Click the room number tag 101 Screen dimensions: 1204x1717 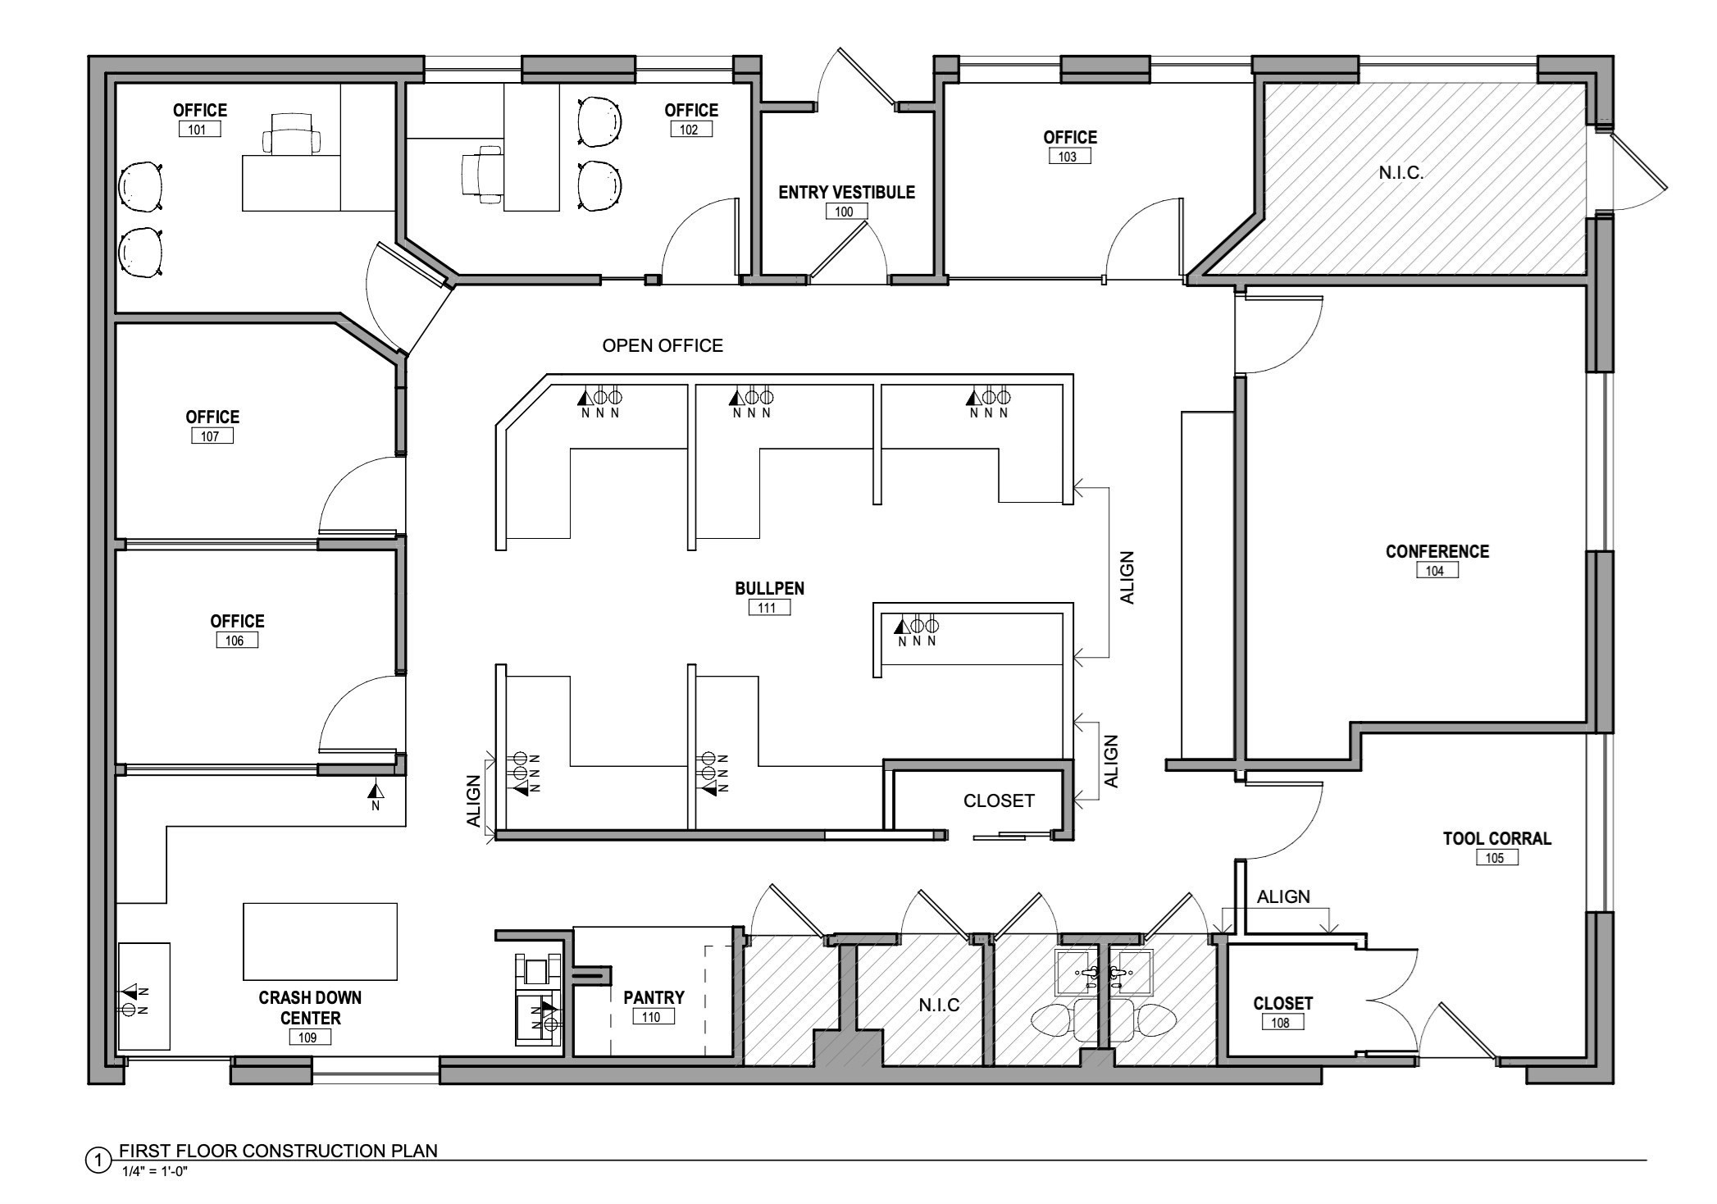pos(198,130)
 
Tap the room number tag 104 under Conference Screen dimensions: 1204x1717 pos(1437,571)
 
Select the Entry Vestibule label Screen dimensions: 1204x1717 pos(846,192)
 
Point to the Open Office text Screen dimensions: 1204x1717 pos(663,346)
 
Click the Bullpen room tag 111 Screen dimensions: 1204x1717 pos(768,608)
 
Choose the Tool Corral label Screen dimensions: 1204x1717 pos(1496,838)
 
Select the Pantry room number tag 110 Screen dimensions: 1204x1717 pos(653,1017)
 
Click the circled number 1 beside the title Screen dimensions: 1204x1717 pos(98,1160)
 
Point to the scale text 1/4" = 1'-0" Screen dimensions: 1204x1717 pos(155,1171)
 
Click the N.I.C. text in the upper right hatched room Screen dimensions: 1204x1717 pos(1400,173)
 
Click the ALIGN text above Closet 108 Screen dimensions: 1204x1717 pos(1283,896)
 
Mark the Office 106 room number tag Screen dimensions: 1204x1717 pos(236,641)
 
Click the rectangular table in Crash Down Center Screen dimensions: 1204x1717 pos(320,942)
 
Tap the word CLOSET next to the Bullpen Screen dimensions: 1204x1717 pos(998,800)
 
